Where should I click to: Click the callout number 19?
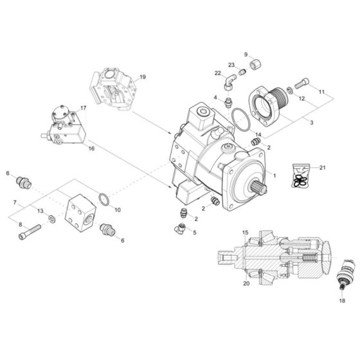142,77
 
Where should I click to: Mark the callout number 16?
91,148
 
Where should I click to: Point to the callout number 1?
274,175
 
